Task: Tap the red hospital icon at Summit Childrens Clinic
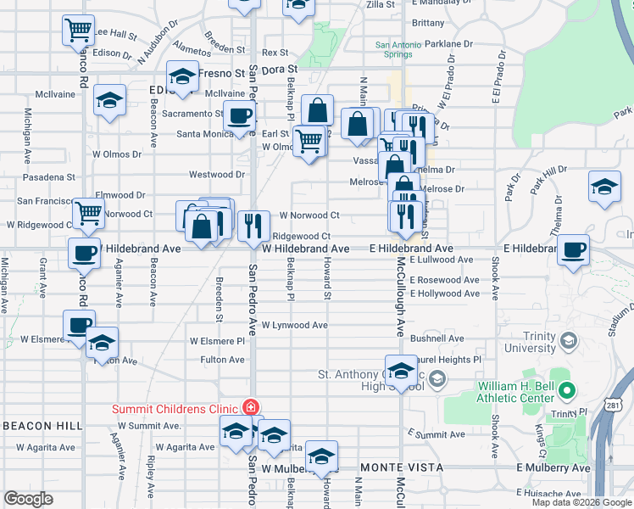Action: pos(250,408)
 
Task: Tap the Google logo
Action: pos(28,499)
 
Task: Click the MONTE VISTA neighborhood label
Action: pos(401,467)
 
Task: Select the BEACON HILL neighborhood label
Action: pos(41,425)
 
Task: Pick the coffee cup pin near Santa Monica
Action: pos(239,115)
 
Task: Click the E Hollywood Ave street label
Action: pos(444,294)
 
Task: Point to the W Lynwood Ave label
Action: pos(294,325)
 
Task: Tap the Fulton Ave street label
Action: pos(222,360)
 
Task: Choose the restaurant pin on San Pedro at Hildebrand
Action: pos(252,225)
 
